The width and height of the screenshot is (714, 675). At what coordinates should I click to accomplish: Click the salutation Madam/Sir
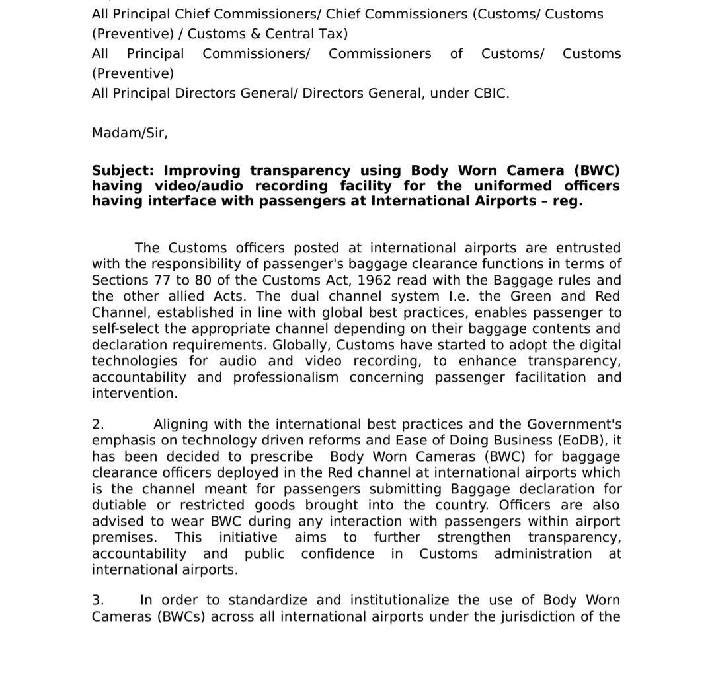pyautogui.click(x=130, y=133)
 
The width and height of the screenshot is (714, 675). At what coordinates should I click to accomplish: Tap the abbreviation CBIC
pyautogui.click(x=491, y=93)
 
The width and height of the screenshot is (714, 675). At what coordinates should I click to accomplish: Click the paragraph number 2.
pyautogui.click(x=98, y=424)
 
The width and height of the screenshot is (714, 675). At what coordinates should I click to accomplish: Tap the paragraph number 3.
pyautogui.click(x=98, y=600)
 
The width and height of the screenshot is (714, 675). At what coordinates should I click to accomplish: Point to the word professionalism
pyautogui.click(x=286, y=377)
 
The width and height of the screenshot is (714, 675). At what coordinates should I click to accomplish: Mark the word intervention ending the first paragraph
pyautogui.click(x=134, y=393)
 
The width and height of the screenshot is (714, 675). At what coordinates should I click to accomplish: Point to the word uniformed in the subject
pyautogui.click(x=513, y=186)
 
